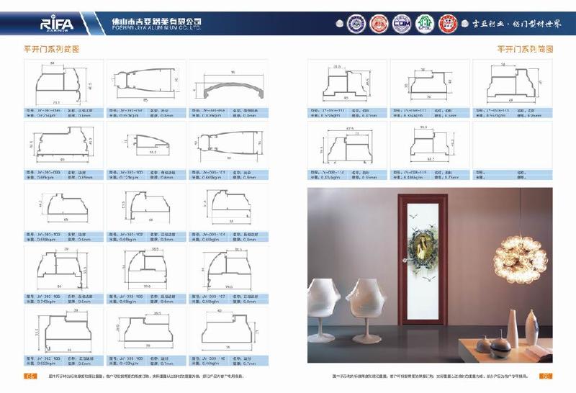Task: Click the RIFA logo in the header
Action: pyautogui.click(x=54, y=24)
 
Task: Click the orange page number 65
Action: pyautogui.click(x=31, y=376)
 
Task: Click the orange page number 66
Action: pyautogui.click(x=546, y=376)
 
